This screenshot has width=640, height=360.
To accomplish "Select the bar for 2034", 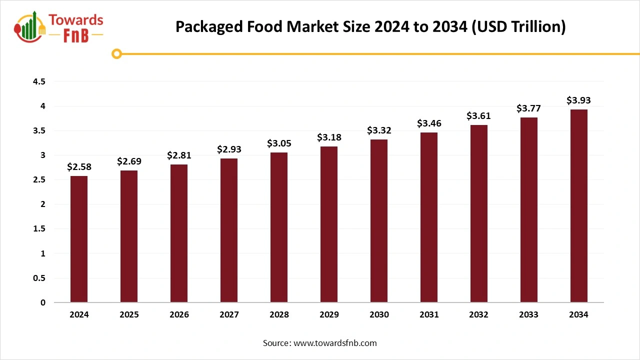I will click(578, 205).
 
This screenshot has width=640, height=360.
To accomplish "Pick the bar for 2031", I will click(429, 217).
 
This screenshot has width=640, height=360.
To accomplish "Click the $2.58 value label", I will click(79, 167).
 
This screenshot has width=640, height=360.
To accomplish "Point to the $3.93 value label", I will click(578, 100).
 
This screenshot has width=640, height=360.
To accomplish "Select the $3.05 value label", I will click(279, 143).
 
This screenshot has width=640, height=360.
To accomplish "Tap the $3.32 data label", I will click(379, 130).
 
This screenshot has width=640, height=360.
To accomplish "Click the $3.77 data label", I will click(528, 108).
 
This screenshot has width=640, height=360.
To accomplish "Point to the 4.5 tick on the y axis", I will click(38, 81).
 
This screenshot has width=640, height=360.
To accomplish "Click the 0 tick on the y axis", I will click(42, 302).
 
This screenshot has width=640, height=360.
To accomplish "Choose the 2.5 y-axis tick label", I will click(38, 179).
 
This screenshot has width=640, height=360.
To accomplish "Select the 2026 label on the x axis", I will click(179, 315).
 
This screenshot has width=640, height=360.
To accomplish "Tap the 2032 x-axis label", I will click(478, 315).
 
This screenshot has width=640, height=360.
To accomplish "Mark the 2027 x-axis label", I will click(229, 315).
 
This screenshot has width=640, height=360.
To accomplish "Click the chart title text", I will click(370, 27).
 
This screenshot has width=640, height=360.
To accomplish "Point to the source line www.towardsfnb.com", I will click(320, 343).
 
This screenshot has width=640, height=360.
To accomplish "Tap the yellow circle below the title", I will click(116, 53).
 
